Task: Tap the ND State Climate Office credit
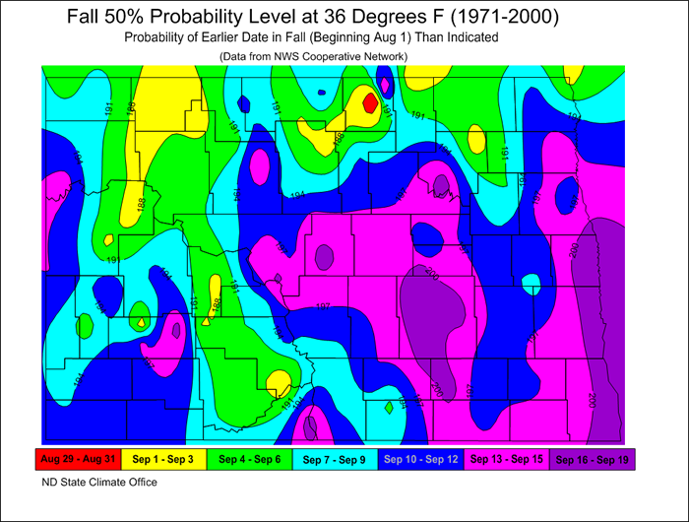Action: coord(98,483)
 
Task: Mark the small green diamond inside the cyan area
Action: coord(390,406)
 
